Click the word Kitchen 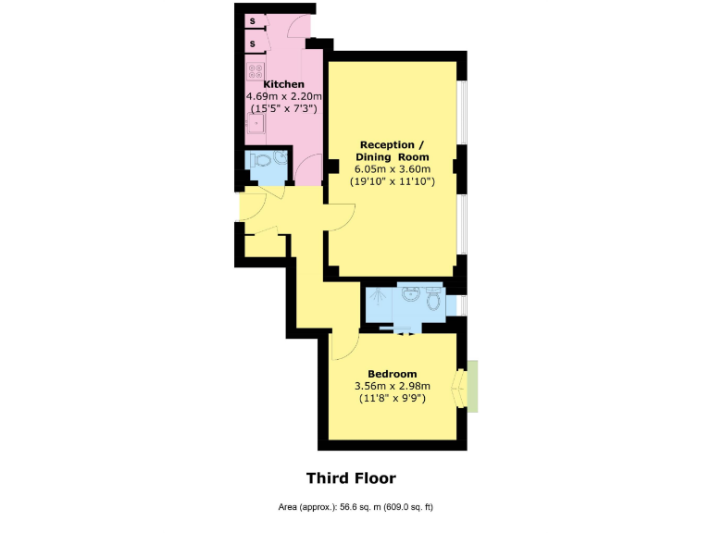click(x=284, y=84)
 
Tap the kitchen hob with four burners click(x=255, y=70)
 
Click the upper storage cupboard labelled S click(x=252, y=21)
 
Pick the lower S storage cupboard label click(x=252, y=43)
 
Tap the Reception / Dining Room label click(x=393, y=151)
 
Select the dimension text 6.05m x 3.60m click(x=393, y=169)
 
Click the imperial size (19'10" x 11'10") click(x=393, y=182)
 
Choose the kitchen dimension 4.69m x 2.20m click(x=284, y=96)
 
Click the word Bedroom click(x=393, y=374)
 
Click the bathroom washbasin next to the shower click(x=410, y=296)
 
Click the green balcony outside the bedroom click(x=473, y=387)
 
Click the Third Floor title click(x=351, y=478)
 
